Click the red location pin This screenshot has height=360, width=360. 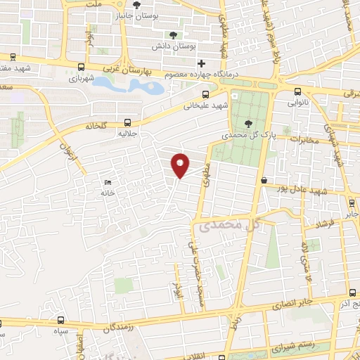[x=181, y=165]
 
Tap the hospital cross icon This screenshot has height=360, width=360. [x=202, y=63]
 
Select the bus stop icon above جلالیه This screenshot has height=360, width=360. [x=127, y=120]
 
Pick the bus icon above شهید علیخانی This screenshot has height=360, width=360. [x=205, y=94]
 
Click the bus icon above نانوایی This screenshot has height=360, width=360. [x=298, y=91]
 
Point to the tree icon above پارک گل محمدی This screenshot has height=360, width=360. [x=245, y=123]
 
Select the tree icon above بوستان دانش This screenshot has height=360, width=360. [x=174, y=34]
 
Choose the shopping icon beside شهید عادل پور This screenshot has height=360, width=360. [x=264, y=181]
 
